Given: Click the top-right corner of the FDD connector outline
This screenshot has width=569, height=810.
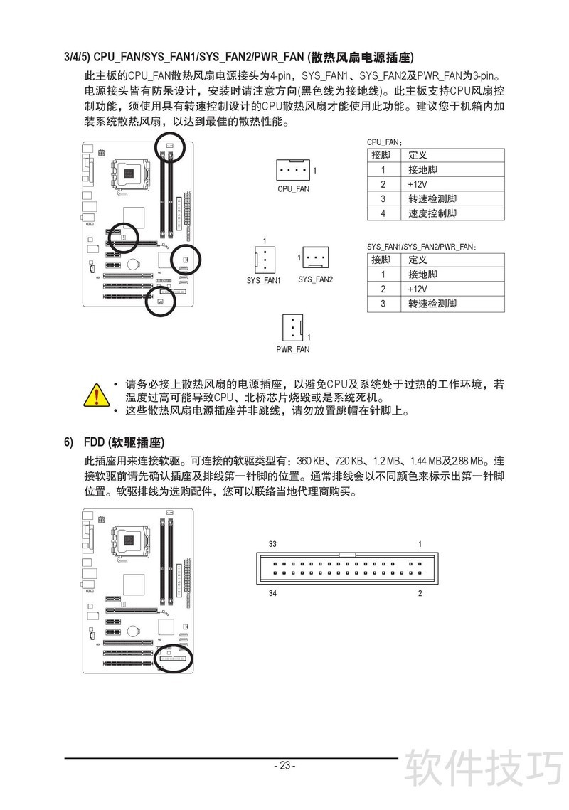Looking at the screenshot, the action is tap(438, 553).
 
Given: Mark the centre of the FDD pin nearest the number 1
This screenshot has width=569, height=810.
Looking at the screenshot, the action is tap(420, 564).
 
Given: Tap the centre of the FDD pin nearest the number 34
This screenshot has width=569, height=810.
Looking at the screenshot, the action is tap(275, 573).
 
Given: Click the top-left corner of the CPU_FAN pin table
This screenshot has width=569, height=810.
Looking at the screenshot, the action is tap(368, 148).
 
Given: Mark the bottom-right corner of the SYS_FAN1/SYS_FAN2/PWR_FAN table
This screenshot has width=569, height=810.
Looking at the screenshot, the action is tap(504, 312).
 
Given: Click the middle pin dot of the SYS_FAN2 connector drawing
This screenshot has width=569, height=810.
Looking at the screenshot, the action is tap(315, 257).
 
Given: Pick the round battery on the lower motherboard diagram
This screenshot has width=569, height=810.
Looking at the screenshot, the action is tap(134, 632).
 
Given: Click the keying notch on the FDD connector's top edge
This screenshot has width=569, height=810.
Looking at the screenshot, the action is tap(347, 554).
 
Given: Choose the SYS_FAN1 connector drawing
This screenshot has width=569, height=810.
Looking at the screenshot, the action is tap(265, 258).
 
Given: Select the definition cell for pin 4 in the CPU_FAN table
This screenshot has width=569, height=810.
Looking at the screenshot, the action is tap(453, 213).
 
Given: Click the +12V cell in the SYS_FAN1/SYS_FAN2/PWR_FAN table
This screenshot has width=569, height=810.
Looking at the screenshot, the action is tap(453, 289).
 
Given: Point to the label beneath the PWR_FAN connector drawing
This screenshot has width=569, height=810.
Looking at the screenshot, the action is tap(293, 349).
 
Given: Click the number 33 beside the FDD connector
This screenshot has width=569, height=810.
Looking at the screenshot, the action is tap(272, 544).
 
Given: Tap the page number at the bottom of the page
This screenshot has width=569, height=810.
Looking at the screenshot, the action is tap(284, 766).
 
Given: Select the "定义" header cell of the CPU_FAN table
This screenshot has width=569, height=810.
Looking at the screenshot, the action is tap(453, 155).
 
